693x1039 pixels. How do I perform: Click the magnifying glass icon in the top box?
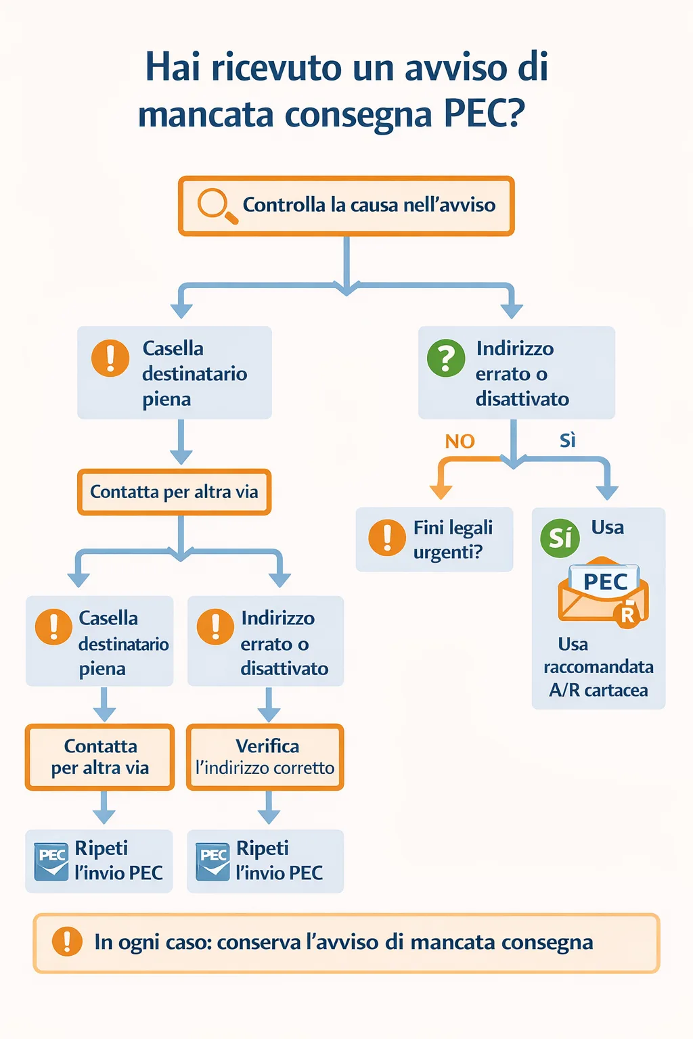coord(216,204)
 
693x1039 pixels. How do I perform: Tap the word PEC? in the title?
coord(484,114)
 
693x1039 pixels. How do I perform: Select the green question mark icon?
coord(446,358)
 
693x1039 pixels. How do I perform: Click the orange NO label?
coord(460,442)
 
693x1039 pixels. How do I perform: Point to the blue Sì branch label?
coord(567,441)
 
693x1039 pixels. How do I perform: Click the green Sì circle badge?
coord(560,538)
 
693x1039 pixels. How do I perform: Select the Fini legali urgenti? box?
coord(434,539)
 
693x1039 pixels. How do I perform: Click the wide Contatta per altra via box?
coord(174,492)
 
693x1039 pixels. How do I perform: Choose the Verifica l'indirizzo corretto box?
coord(265,757)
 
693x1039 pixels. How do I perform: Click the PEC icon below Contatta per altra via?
coord(51,861)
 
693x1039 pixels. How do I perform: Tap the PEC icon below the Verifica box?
coord(213,861)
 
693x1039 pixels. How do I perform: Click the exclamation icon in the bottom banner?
coord(67,942)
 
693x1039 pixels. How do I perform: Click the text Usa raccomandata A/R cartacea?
coord(598,667)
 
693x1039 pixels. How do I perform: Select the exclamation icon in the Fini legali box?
coord(386,538)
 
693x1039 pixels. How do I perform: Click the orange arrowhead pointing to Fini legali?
coord(441,492)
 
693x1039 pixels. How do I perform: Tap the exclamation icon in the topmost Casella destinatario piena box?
coord(110,358)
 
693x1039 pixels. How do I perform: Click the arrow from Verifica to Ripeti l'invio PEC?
coord(269,808)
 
